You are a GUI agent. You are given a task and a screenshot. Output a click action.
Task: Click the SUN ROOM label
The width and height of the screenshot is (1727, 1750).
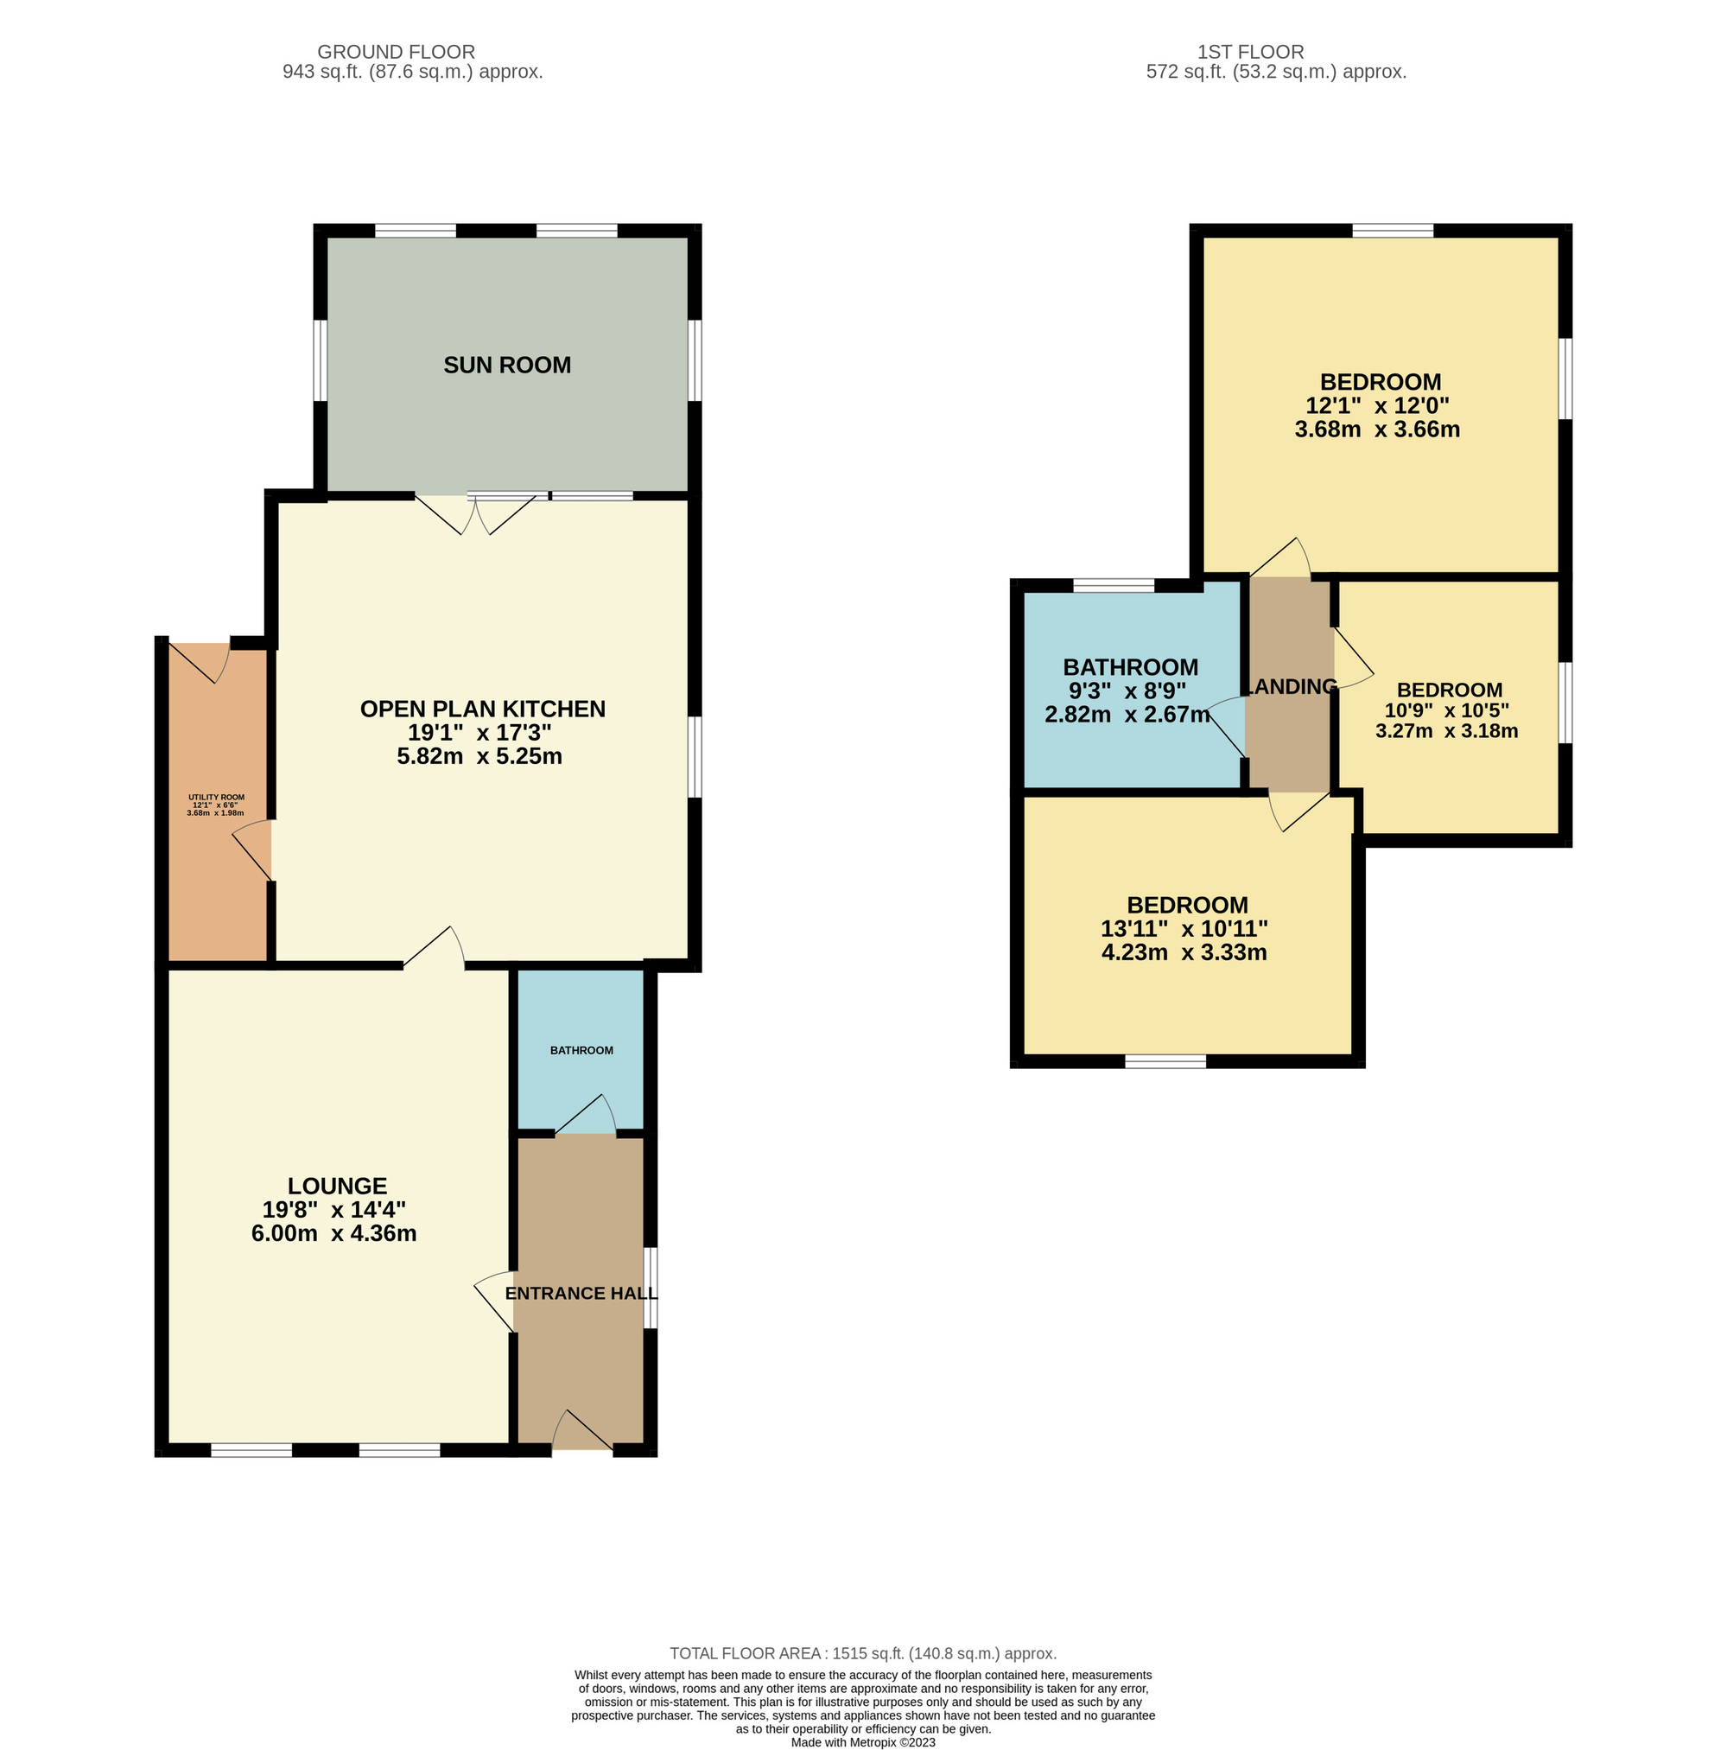click(507, 365)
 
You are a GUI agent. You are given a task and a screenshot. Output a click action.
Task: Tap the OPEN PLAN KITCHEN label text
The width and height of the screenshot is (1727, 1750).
click(483, 709)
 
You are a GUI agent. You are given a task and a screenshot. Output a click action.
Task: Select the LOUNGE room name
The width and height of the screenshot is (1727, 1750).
click(337, 1186)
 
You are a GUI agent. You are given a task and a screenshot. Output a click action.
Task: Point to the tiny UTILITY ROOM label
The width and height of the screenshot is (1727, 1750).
click(217, 797)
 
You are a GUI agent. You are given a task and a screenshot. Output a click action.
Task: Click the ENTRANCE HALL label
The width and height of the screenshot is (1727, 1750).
click(581, 1293)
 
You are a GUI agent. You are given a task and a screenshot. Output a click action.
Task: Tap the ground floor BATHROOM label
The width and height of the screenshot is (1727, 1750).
click(581, 1050)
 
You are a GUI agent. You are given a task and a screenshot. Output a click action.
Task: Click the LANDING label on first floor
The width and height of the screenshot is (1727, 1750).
click(1292, 686)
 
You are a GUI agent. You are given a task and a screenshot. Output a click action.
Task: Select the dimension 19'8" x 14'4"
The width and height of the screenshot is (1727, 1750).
click(334, 1209)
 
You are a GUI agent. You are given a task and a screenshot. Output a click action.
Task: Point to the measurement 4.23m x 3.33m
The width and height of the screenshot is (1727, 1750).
click(1184, 952)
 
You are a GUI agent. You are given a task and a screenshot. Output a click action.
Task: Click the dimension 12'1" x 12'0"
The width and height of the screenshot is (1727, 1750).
click(1377, 406)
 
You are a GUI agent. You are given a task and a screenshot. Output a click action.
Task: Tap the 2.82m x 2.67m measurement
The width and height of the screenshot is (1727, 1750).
click(1127, 715)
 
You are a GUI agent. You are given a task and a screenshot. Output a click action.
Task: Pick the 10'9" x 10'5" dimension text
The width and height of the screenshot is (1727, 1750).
click(1446, 711)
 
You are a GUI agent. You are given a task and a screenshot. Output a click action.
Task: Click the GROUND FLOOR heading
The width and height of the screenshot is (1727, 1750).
click(396, 52)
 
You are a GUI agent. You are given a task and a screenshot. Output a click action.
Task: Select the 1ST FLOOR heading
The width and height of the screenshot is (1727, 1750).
click(1251, 52)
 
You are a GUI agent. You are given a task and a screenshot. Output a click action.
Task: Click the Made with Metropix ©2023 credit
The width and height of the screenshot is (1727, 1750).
click(863, 1742)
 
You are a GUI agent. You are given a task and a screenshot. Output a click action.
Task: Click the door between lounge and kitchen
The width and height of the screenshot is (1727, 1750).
click(434, 948)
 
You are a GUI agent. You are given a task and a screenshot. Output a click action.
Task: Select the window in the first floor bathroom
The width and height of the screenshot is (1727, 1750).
click(1113, 585)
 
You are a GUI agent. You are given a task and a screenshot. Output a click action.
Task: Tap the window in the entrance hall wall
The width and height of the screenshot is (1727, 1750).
click(651, 1288)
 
